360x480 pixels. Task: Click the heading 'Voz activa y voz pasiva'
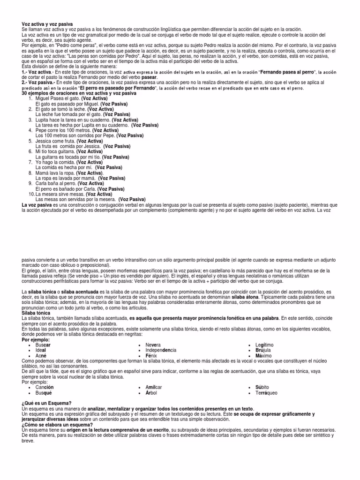pos(47,24)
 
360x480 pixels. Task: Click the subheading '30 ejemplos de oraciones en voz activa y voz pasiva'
pos(79,93)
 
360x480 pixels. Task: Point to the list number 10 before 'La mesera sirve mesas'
pos(31,194)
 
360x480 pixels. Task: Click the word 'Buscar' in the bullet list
pos(43,345)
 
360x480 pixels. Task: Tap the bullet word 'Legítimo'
pos(264,345)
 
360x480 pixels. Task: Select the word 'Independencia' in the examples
pos(161,350)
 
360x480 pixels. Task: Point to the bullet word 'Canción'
pos(45,387)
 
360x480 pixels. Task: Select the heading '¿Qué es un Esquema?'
pos(46,403)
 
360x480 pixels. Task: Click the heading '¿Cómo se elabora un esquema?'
pos(57,424)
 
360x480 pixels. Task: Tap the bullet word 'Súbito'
pos(262,387)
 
